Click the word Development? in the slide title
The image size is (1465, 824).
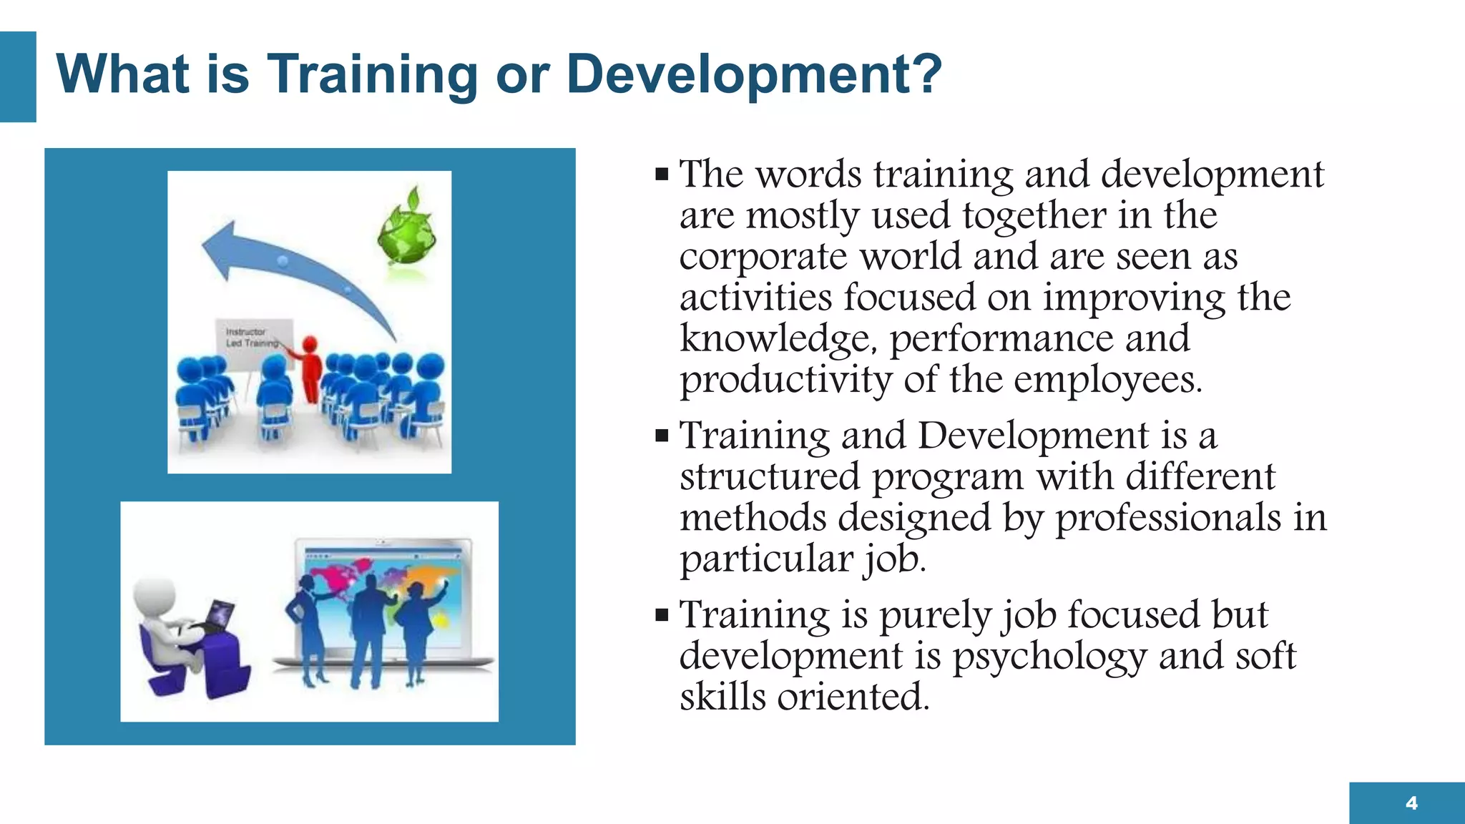pyautogui.click(x=754, y=74)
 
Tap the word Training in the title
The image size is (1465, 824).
pyautogui.click(x=372, y=74)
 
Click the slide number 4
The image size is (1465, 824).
pyautogui.click(x=1411, y=803)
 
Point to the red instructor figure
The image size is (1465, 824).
pyautogui.click(x=310, y=368)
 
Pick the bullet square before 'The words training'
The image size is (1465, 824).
pyautogui.click(x=662, y=174)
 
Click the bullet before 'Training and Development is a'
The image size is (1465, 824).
pyautogui.click(x=662, y=436)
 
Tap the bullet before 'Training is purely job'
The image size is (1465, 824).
pyautogui.click(x=662, y=614)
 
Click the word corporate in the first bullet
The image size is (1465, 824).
pyautogui.click(x=763, y=257)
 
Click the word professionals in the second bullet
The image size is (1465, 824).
pyautogui.click(x=1168, y=518)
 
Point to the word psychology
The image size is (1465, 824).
pyautogui.click(x=1049, y=657)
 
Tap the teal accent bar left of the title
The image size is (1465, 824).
pyautogui.click(x=18, y=77)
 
